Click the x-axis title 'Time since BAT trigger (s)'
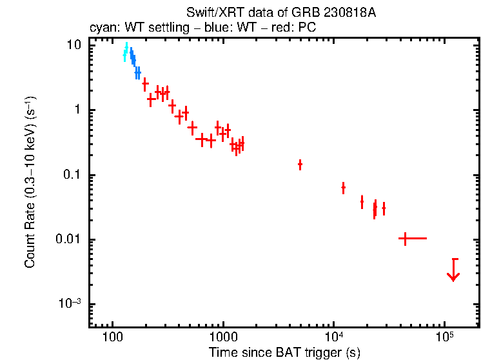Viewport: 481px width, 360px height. tap(284, 352)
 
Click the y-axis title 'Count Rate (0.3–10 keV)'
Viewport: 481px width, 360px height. tap(30, 181)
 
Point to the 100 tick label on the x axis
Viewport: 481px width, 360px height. tap(113, 338)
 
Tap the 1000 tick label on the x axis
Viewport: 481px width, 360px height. tap(223, 338)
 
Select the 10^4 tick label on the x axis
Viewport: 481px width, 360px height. tap(333, 337)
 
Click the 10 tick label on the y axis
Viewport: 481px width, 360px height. tap(75, 45)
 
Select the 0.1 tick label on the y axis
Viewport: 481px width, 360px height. tap(73, 175)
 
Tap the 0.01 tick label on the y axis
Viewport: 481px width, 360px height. tap(70, 240)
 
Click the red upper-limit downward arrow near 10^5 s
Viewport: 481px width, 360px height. tap(454, 270)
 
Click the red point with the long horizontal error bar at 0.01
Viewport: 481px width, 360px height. tap(405, 239)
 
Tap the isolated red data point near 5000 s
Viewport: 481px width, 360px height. tap(300, 165)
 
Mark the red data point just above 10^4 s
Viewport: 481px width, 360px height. tap(343, 188)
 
